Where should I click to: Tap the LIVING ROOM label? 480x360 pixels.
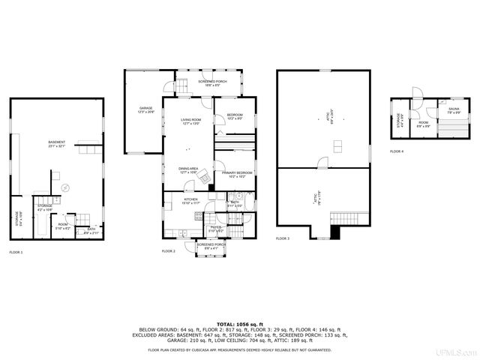point(190,121)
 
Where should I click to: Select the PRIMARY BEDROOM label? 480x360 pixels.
point(236,174)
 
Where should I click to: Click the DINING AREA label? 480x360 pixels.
point(188,170)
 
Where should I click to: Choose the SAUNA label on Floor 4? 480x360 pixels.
point(454,110)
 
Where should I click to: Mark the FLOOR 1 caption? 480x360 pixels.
point(16,252)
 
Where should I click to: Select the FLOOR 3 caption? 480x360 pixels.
point(283,238)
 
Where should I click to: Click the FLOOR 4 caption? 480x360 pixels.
point(397,151)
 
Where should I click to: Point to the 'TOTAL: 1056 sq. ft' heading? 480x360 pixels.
point(239,324)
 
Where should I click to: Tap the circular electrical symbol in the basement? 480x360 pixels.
point(65,187)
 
